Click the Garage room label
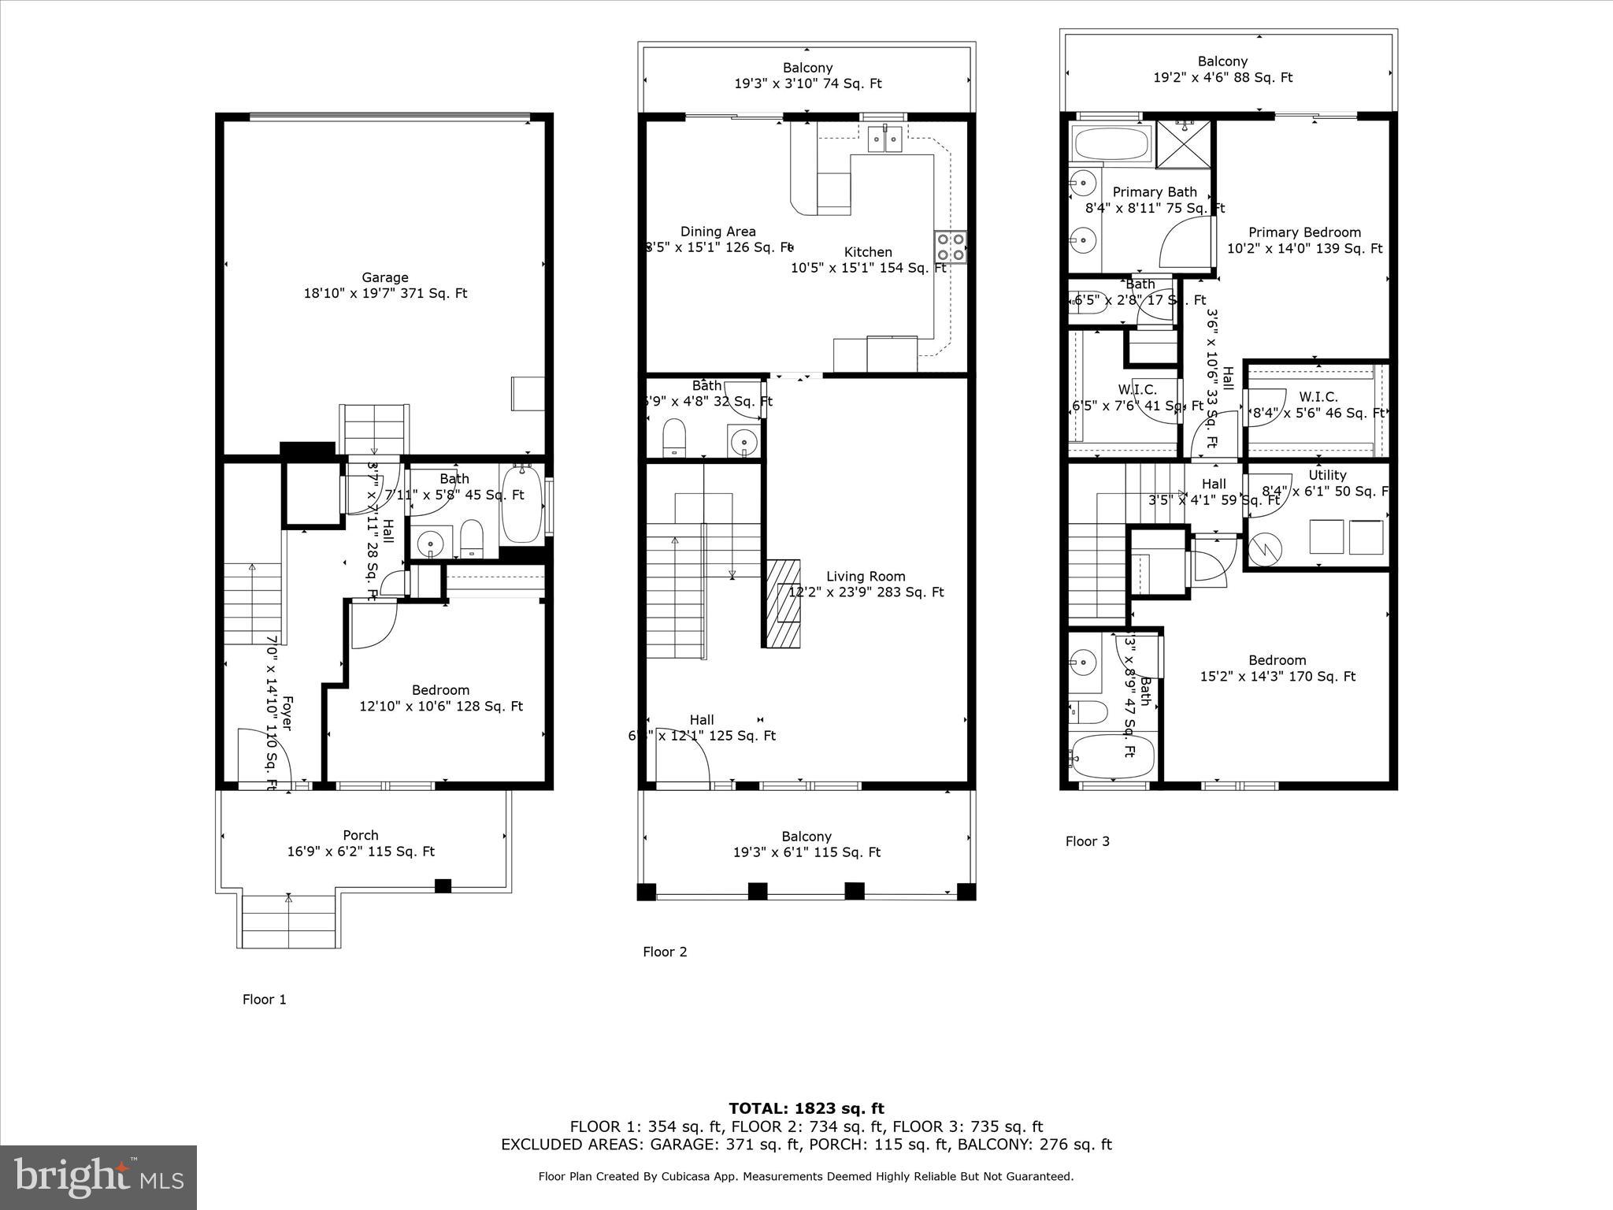pyautogui.click(x=385, y=278)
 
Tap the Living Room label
pyautogui.click(x=866, y=577)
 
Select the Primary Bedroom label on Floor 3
pyautogui.click(x=1304, y=233)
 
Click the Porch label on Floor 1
pyautogui.click(x=361, y=836)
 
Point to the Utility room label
pyautogui.click(x=1327, y=476)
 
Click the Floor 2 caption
pyautogui.click(x=665, y=952)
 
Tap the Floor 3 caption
pyautogui.click(x=1087, y=841)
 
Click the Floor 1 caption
pyautogui.click(x=264, y=1000)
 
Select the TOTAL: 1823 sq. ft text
pyautogui.click(x=806, y=1109)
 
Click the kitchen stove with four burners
pyautogui.click(x=950, y=247)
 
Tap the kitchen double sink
pyautogui.click(x=884, y=139)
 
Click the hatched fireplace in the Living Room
pyautogui.click(x=782, y=603)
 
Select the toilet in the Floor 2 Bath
pyautogui.click(x=673, y=437)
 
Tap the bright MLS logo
pyautogui.click(x=98, y=1177)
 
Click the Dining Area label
pyautogui.click(x=718, y=232)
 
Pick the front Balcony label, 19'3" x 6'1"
pyautogui.click(x=806, y=844)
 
